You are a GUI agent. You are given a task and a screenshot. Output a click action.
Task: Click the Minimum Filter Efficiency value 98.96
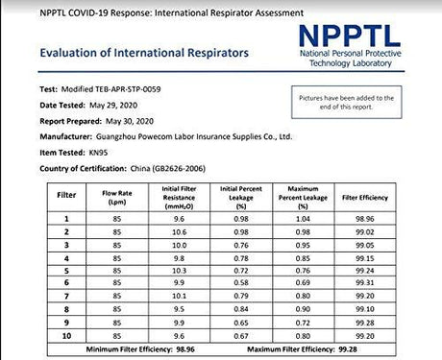[192, 351]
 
